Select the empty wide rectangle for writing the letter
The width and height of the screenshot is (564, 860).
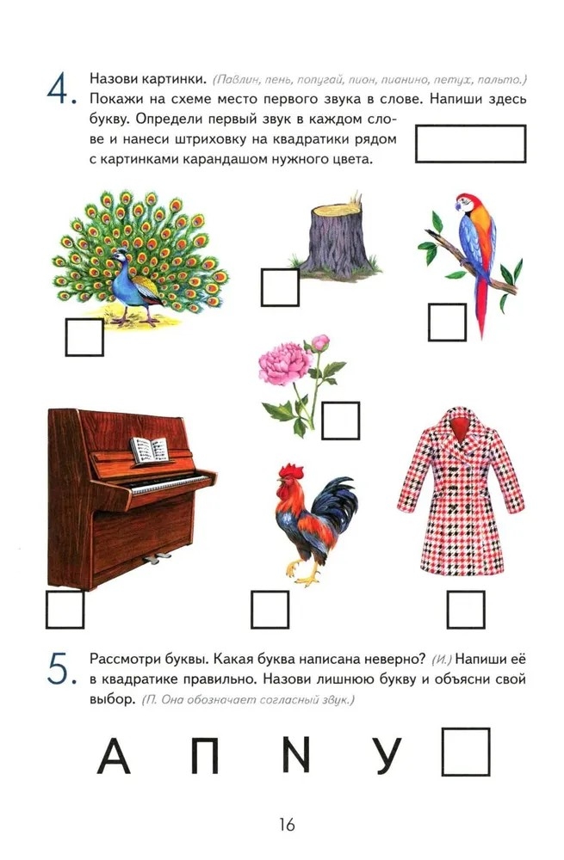point(471,144)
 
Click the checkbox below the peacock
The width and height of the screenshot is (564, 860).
point(84,337)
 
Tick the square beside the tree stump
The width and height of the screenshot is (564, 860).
point(280,287)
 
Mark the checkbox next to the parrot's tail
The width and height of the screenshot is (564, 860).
point(447,322)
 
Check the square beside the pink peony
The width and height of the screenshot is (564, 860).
point(340,421)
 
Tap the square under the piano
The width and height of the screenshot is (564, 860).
point(65,610)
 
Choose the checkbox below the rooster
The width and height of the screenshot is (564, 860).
point(270,610)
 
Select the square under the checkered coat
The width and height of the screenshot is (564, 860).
point(466,610)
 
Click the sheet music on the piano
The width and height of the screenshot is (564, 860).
point(149,451)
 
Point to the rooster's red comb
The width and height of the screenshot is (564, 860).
point(291,470)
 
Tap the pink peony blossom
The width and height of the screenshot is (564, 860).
point(284,363)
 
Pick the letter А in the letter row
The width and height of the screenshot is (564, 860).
point(114,756)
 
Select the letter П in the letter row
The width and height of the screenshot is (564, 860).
point(204,756)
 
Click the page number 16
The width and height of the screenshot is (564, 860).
point(287,824)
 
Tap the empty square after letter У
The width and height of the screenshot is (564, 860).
point(466,752)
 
